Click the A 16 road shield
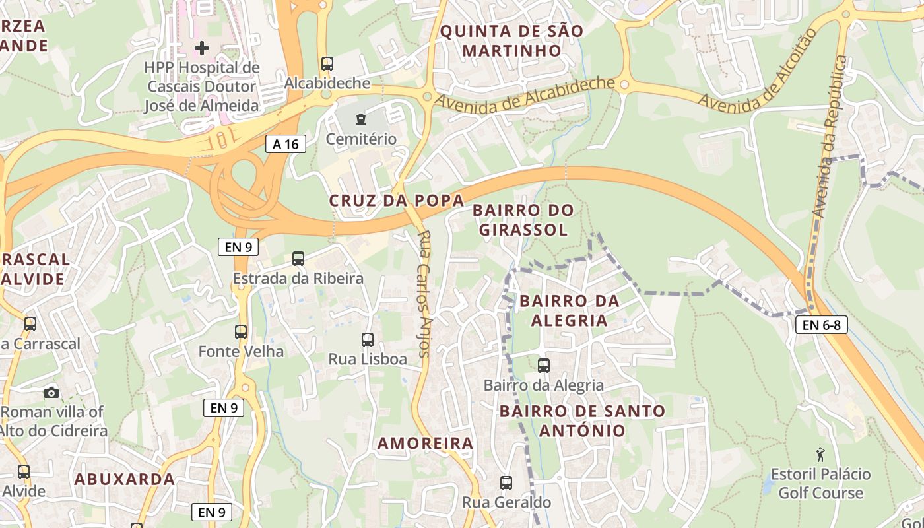point(286,144)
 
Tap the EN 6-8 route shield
point(821,324)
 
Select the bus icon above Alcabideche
point(327,64)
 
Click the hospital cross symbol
point(202,48)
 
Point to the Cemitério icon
point(360,119)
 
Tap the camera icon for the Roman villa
point(51,393)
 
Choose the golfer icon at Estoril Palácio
point(820,454)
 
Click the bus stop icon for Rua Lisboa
point(368,340)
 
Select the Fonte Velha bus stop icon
point(241,332)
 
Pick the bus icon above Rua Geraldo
point(506,482)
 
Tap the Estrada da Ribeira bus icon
point(298,259)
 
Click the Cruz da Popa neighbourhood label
point(397,201)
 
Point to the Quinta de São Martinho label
point(511,40)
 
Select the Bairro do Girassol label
point(523,220)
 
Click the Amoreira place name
point(426,444)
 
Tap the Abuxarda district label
point(125,479)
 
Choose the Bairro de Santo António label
point(582,420)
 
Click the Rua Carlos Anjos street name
point(424,293)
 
